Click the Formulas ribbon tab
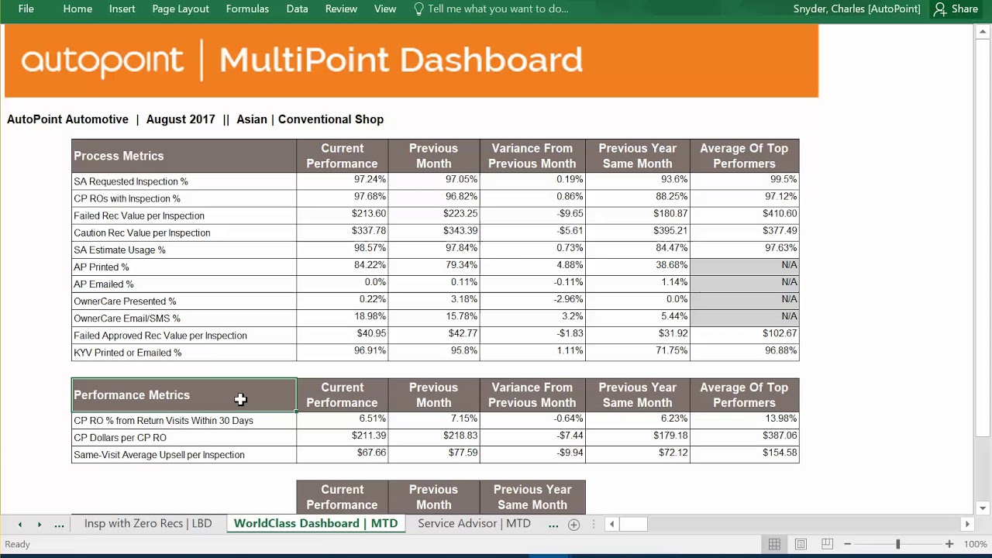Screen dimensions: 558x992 pyautogui.click(x=247, y=9)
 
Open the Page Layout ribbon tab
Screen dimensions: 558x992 pyautogui.click(x=181, y=9)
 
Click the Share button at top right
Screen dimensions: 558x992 pyautogui.click(x=956, y=9)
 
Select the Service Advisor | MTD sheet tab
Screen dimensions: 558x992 pyautogui.click(x=474, y=523)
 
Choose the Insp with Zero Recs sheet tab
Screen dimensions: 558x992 pyautogui.click(x=147, y=523)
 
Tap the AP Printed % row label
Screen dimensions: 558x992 pyautogui.click(x=102, y=267)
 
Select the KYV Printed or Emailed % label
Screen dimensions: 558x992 pyautogui.click(x=128, y=353)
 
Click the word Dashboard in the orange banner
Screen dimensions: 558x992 pyautogui.click(x=491, y=60)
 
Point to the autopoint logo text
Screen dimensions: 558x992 pyautogui.click(x=102, y=60)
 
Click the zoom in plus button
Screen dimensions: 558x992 pyautogui.click(x=949, y=544)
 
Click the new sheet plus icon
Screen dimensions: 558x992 pyautogui.click(x=573, y=525)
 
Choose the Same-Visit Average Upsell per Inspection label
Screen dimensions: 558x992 pyautogui.click(x=159, y=455)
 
